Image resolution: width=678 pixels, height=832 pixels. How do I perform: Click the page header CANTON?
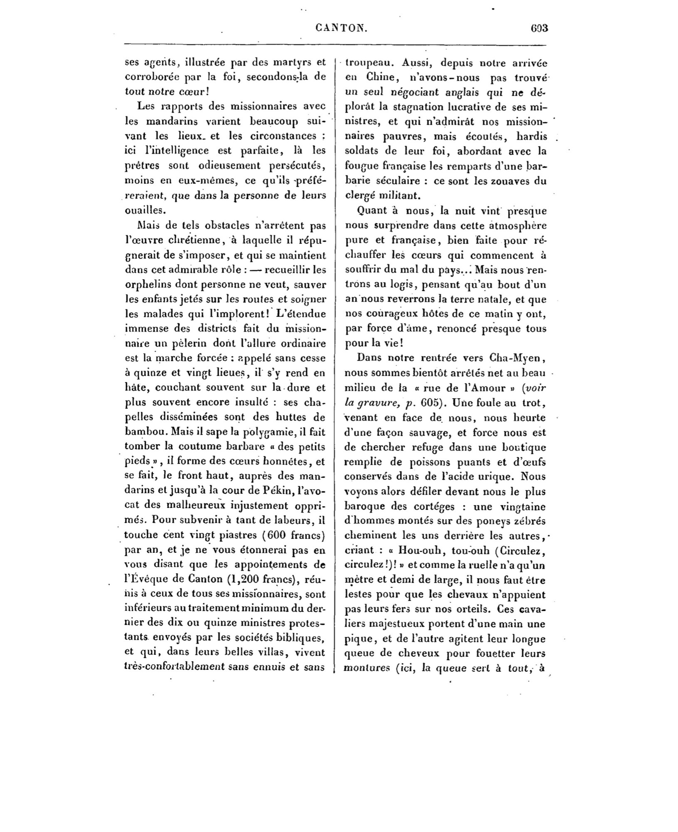point(341,28)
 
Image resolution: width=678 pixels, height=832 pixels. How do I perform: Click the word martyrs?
point(287,63)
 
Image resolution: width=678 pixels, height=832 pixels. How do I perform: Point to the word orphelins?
point(147,285)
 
